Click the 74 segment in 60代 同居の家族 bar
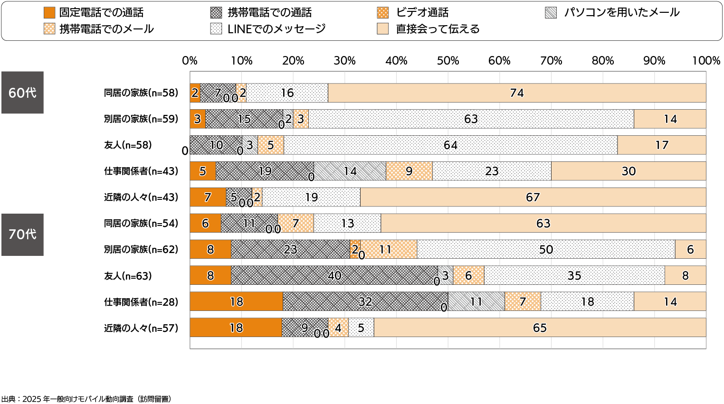point(517,93)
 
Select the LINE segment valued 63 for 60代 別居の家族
point(471,119)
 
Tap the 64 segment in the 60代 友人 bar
point(450,145)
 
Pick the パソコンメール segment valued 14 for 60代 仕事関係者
point(350,171)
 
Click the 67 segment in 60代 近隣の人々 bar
point(533,197)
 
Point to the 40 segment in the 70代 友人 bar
point(334,275)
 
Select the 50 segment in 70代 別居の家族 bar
point(546,250)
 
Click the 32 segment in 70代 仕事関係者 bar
point(365,301)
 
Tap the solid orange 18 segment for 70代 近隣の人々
point(236,328)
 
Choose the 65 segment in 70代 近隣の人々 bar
point(540,328)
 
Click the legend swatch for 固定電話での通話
point(49,13)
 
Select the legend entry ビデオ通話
point(422,13)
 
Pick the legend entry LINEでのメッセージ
point(276,29)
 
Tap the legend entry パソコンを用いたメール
point(621,13)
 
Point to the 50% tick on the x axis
point(448,61)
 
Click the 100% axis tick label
point(706,61)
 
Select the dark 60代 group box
point(22,93)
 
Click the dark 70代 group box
point(22,235)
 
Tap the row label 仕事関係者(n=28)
point(141,302)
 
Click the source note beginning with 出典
point(86,399)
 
